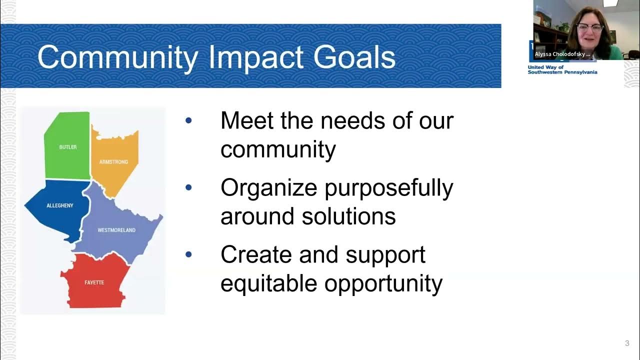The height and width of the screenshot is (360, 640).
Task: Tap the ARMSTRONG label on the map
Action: click(113, 162)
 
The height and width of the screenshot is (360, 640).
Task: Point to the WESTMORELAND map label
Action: click(116, 230)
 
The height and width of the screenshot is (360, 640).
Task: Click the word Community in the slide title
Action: click(117, 57)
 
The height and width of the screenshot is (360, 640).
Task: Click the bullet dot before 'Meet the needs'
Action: click(188, 120)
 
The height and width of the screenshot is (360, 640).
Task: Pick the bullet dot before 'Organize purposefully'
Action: click(188, 188)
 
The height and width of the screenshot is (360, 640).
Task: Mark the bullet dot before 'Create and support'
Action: click(188, 254)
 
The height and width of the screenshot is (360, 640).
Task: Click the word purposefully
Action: click(388, 188)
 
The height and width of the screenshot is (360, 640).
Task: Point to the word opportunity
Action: click(383, 283)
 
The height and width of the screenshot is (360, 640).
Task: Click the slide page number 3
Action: click(627, 343)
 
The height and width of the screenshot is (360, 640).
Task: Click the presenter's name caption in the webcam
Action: click(562, 54)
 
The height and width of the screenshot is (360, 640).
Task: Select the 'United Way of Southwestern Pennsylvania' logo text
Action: click(562, 69)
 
